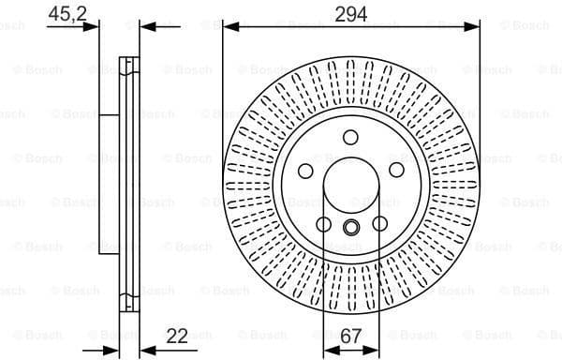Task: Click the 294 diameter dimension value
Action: pos(350,12)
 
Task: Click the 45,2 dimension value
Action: pos(63,12)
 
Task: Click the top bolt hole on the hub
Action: pos(350,138)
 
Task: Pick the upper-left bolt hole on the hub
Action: pos(304,170)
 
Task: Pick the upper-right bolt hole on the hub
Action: pos(396,170)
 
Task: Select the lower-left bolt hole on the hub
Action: pos(324,224)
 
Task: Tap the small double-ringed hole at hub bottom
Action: pos(350,227)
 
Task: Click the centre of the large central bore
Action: pos(350,186)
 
